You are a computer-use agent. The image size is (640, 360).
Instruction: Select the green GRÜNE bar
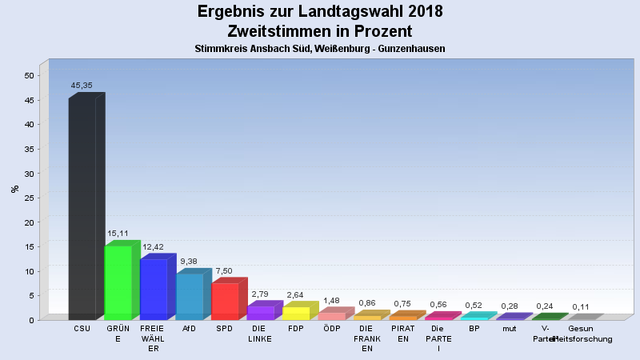click(x=118, y=282)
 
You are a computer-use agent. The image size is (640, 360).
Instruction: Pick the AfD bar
click(x=190, y=296)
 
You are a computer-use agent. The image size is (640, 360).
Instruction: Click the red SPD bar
click(x=225, y=301)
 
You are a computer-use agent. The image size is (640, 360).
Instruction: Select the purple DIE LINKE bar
click(x=261, y=313)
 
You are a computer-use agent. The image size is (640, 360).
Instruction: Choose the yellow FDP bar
click(x=296, y=313)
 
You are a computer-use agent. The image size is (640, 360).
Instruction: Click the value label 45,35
click(x=82, y=84)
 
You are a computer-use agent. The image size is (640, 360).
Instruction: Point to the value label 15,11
click(x=118, y=234)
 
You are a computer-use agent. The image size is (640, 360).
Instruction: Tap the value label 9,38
click(x=190, y=261)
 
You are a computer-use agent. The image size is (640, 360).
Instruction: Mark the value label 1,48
click(x=331, y=301)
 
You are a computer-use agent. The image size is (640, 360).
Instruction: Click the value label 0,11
click(x=581, y=307)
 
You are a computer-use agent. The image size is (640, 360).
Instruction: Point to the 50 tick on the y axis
click(x=30, y=75)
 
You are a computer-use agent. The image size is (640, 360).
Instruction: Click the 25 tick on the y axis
click(x=30, y=198)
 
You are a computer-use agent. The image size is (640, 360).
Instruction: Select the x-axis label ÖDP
click(x=331, y=328)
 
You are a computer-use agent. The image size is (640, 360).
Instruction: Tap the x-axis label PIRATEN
click(x=402, y=333)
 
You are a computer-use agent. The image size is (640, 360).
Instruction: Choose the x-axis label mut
click(x=510, y=328)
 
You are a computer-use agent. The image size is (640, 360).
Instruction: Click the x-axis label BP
click(x=474, y=328)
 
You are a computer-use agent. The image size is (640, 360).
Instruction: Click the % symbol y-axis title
click(x=14, y=189)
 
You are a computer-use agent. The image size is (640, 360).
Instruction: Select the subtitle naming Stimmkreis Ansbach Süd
click(x=320, y=49)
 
